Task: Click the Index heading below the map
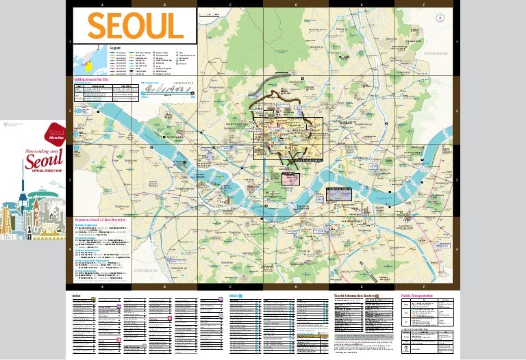(77, 295)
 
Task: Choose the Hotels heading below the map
(235, 295)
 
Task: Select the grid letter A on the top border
(102, 4)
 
